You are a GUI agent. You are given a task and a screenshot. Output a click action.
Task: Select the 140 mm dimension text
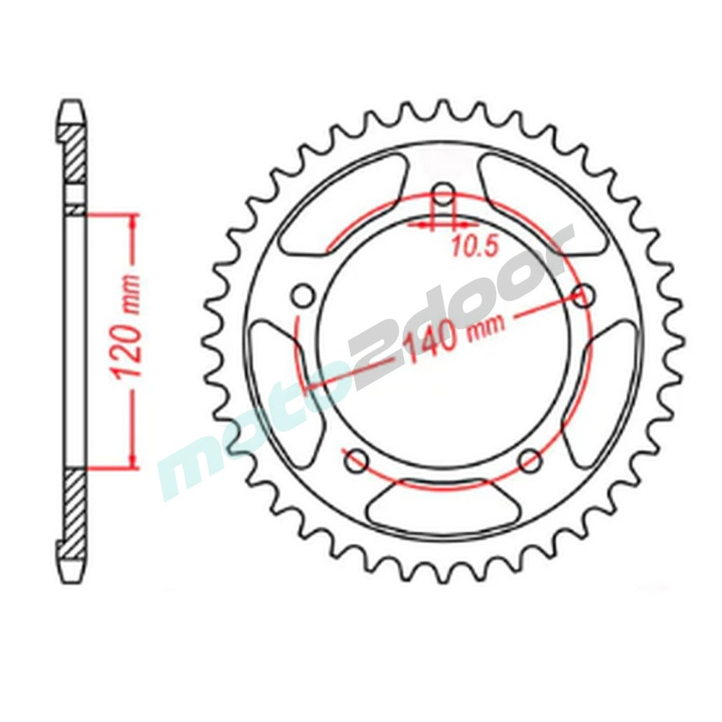(453, 334)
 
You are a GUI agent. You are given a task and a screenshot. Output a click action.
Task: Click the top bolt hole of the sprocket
(444, 195)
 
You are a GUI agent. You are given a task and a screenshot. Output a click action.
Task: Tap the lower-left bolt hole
(357, 461)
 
